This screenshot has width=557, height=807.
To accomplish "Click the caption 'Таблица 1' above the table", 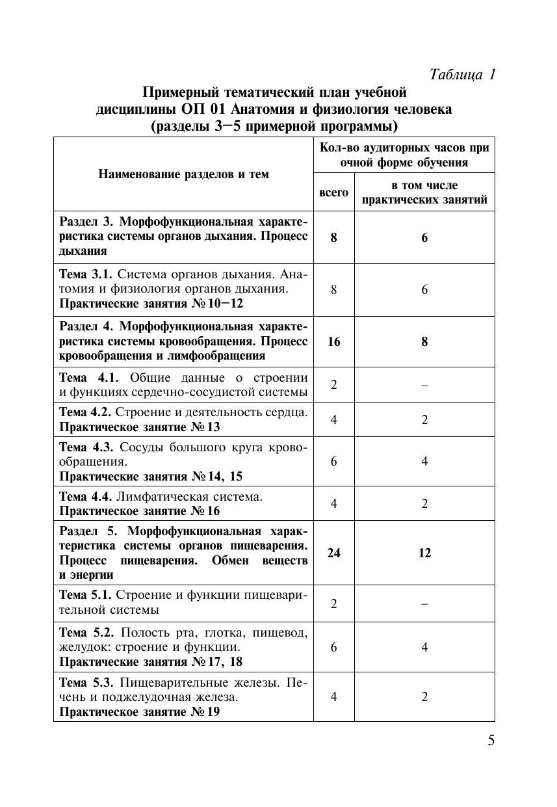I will pos(463,75).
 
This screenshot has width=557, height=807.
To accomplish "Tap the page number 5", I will pos(491,741).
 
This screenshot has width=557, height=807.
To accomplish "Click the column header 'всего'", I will pos(333,192).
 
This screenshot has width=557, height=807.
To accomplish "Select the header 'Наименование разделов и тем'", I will pos(183,174).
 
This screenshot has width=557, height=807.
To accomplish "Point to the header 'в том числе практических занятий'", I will pos(424,192).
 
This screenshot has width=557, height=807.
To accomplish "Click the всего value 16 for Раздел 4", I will pos(333,342).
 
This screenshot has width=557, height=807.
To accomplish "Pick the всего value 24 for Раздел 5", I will pos(333,553).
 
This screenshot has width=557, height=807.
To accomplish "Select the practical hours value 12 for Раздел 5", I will pos(424,553).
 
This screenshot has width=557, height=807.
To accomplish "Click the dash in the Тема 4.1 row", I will pos(424,385).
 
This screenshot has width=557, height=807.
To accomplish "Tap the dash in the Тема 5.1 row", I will pos(424,603).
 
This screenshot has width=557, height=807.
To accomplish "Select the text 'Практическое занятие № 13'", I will pos(140,427).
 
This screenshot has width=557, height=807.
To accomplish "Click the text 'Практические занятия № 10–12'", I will pos(151,304).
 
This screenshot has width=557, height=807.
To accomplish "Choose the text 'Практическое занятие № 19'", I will pos(140,712).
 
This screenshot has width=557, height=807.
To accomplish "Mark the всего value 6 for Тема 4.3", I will pos(333,461).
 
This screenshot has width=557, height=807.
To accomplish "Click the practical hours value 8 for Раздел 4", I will pos(424,342).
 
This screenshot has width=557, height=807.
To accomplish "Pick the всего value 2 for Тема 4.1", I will pos(333,385).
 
